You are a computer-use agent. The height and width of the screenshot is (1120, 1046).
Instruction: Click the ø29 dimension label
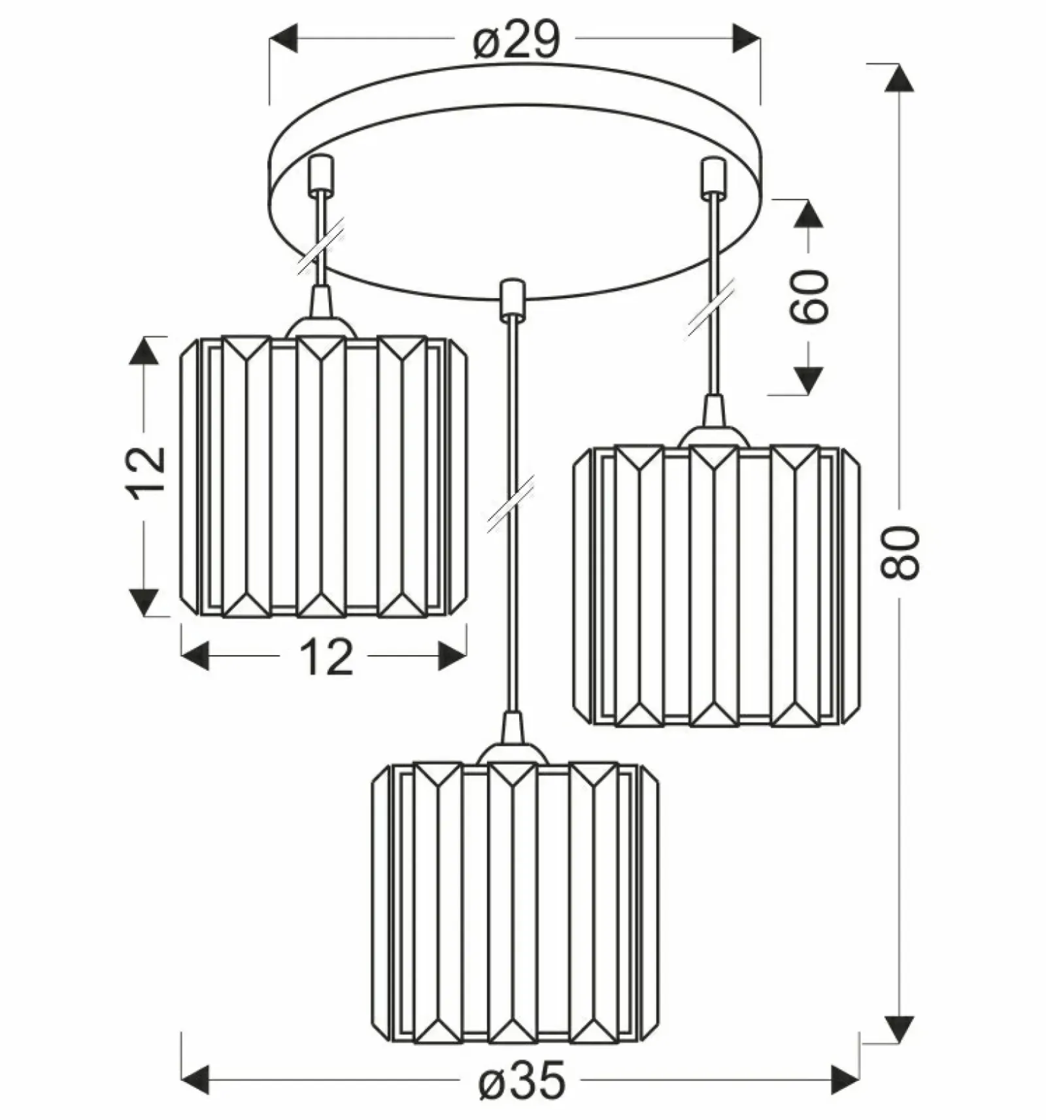tap(516, 40)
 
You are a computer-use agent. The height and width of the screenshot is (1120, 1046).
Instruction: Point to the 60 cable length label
tap(809, 296)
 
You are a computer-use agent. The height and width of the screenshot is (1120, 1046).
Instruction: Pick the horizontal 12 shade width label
tap(326, 656)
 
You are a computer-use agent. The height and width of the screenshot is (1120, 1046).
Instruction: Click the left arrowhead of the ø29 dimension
tap(283, 38)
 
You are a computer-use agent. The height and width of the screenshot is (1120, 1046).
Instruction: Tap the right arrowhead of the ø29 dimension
tap(747, 38)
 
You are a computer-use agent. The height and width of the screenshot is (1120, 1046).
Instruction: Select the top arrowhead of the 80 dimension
tap(900, 78)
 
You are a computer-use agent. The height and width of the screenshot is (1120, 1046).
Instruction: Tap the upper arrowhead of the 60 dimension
tap(808, 214)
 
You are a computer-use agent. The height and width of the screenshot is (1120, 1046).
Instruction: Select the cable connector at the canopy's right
tap(713, 176)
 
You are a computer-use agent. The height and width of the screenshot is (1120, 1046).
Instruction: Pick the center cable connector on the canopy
tap(512, 299)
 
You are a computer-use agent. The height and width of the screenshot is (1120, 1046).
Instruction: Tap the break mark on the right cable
tap(710, 309)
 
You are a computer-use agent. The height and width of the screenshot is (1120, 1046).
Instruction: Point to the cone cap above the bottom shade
tap(513, 728)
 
